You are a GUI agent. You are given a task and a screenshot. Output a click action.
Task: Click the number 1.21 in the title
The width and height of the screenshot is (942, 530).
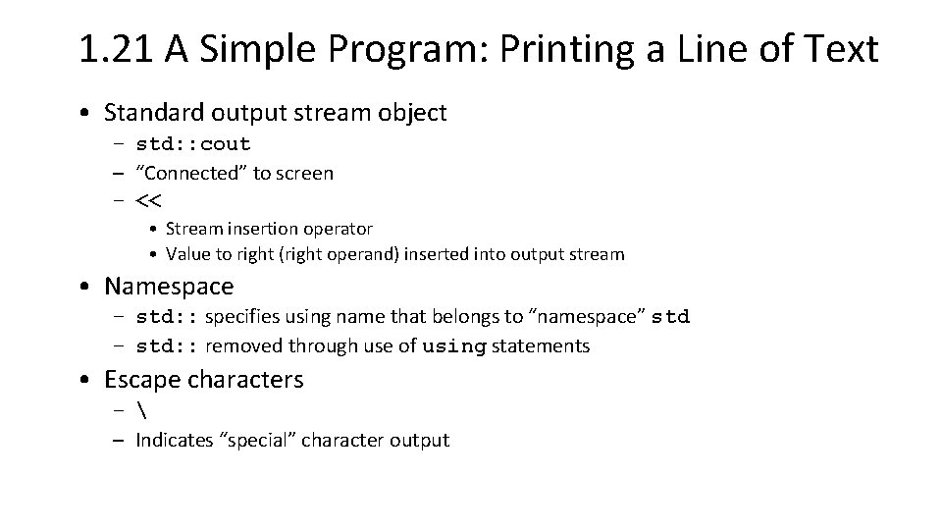[x=119, y=48]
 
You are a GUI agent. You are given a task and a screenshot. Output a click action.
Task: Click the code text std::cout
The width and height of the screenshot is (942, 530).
[x=193, y=144]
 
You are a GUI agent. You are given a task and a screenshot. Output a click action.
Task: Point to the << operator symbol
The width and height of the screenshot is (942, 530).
[x=149, y=202]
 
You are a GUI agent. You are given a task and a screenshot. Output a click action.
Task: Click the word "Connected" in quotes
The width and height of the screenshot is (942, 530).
[x=192, y=174]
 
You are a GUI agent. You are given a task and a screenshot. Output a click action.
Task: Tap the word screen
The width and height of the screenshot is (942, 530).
[x=304, y=174]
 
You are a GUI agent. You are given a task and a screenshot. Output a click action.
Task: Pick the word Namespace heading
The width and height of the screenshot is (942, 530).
[x=170, y=287]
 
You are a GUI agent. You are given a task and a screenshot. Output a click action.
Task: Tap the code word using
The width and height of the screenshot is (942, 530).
[x=454, y=346]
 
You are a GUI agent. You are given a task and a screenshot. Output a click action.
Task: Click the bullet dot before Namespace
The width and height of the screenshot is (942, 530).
[x=88, y=287]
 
